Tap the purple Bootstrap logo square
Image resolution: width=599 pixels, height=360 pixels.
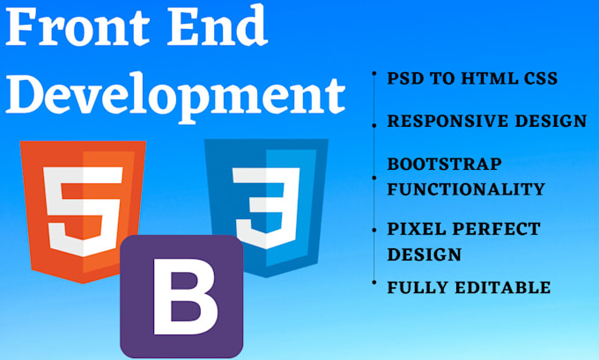(181, 296)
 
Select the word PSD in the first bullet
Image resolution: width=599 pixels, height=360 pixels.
(404, 78)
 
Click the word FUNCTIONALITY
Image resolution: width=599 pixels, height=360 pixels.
(466, 188)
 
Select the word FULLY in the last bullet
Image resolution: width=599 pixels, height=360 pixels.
(416, 287)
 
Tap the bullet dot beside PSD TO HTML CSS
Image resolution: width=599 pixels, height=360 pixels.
(374, 74)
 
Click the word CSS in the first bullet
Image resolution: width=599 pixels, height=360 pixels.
(538, 78)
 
